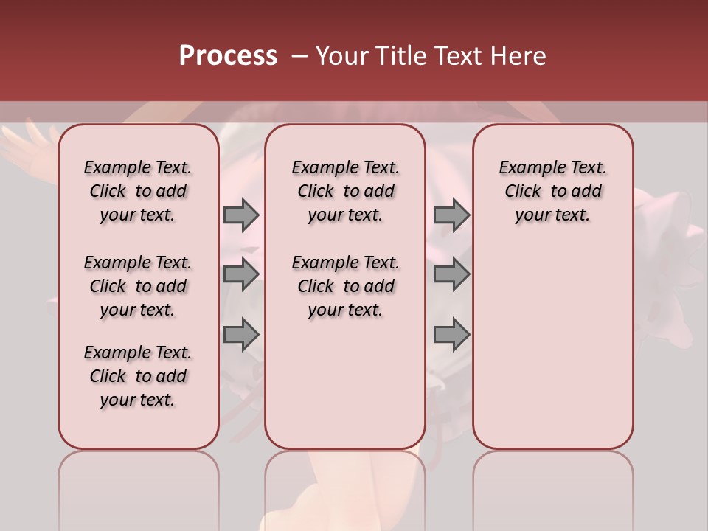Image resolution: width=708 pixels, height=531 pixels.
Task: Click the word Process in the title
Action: tap(228, 56)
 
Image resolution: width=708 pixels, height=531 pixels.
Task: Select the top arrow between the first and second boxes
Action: tap(240, 215)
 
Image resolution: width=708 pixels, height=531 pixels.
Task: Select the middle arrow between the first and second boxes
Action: tap(240, 274)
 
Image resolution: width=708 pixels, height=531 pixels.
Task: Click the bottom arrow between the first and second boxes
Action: tap(240, 334)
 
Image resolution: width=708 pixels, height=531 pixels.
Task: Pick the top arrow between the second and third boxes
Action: tap(451, 215)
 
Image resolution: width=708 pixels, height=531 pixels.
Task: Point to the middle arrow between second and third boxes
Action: tap(451, 274)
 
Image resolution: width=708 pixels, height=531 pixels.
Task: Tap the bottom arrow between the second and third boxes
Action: tap(451, 334)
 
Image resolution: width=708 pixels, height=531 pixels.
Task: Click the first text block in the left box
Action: tap(138, 191)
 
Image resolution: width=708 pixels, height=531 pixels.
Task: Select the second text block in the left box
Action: tap(138, 286)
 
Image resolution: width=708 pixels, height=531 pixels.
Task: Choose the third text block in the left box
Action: tap(138, 376)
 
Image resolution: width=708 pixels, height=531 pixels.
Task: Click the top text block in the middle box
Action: tap(345, 191)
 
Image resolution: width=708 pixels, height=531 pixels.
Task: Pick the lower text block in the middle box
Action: tap(345, 286)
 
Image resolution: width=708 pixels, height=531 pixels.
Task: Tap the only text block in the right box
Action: tap(552, 191)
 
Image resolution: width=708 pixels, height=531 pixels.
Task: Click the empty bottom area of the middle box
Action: tap(345, 391)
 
